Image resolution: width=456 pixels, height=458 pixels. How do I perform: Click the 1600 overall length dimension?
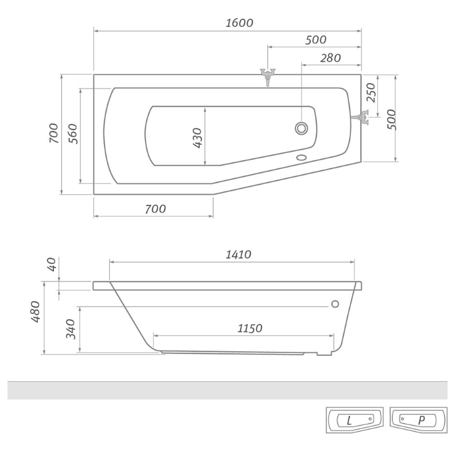click(239, 23)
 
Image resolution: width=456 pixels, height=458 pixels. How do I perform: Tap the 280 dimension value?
click(330, 58)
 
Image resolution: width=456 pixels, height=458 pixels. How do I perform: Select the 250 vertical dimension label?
click(370, 92)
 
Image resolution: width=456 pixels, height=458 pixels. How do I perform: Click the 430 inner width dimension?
click(197, 138)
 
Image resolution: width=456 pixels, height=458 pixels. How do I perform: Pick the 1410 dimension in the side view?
click(238, 255)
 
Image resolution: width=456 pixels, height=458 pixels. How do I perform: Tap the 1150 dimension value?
click(249, 329)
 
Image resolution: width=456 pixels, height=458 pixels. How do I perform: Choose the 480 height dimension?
click(35, 311)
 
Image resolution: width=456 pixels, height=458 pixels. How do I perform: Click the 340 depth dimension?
click(70, 329)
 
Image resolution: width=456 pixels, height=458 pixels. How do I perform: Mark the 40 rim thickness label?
click(51, 264)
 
